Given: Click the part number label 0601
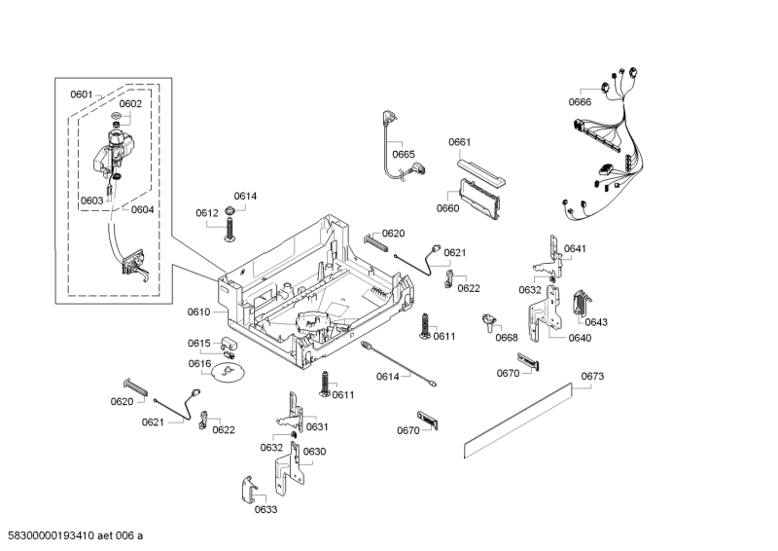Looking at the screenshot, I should click(x=81, y=94).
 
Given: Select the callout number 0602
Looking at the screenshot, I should click(x=130, y=103).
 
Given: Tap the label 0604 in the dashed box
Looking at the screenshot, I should click(x=143, y=209).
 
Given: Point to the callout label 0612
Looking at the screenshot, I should click(x=206, y=212).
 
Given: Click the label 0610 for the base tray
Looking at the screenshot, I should click(x=198, y=312).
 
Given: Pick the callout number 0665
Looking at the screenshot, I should click(x=404, y=154).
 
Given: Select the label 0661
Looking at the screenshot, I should click(x=459, y=142).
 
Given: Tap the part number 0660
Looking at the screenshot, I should click(x=447, y=208).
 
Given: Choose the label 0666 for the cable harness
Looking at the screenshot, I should click(x=580, y=102).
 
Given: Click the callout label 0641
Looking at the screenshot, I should click(x=575, y=249).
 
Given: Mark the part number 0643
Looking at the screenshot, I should click(x=596, y=322).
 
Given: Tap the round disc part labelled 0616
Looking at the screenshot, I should click(x=230, y=373).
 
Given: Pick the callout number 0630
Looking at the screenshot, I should click(x=314, y=452).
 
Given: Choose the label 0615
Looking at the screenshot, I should click(x=199, y=343).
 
